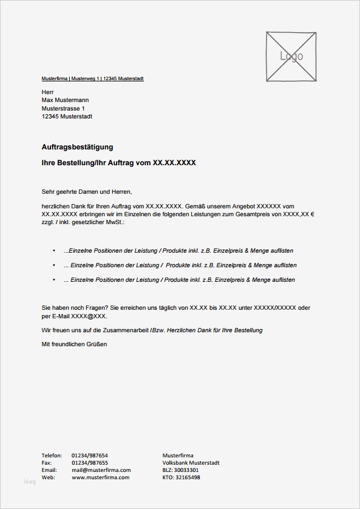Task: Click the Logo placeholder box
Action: [x=291, y=56]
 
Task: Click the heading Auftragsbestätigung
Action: [x=77, y=147]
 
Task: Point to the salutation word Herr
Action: [x=48, y=92]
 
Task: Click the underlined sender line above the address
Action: [x=92, y=79]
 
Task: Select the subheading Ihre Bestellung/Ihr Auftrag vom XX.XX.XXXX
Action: [x=118, y=163]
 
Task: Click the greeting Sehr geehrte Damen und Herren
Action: [x=87, y=191]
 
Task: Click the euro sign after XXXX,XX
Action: [x=320, y=215]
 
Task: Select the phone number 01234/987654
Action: [x=90, y=455]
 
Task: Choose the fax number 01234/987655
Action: [x=90, y=463]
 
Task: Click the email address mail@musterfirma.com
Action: [x=101, y=470]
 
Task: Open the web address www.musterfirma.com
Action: [x=100, y=477]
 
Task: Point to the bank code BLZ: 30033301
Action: [x=181, y=470]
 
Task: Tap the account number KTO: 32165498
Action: [x=182, y=477]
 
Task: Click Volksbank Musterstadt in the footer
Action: [x=191, y=463]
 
